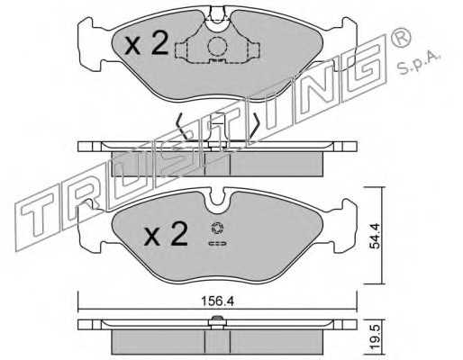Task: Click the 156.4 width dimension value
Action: click(x=217, y=301)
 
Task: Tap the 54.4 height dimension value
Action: click(x=375, y=236)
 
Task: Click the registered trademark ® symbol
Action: click(x=401, y=37)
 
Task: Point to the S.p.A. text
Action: click(x=420, y=63)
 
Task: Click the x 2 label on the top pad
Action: click(x=147, y=44)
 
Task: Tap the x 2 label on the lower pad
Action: click(x=166, y=235)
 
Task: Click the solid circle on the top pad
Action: click(x=217, y=46)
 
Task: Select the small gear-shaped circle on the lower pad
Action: click(x=217, y=228)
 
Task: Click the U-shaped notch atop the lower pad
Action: click(x=217, y=201)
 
